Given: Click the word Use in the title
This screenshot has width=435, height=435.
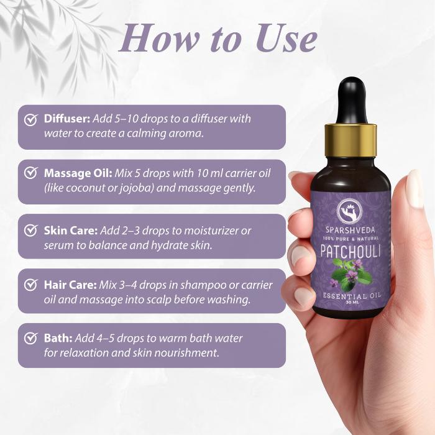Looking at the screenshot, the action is point(286,39).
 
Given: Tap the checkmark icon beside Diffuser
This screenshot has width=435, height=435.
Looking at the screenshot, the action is point(31,119).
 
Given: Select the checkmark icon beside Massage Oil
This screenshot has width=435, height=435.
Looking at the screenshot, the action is point(31,173).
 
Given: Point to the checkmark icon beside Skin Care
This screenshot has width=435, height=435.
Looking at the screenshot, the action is point(31,230).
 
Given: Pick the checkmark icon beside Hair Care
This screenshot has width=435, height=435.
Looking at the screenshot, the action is point(31,285).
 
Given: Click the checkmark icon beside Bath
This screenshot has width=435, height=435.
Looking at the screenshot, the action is point(31,338).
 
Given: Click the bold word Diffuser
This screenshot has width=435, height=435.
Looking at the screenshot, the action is point(67,119).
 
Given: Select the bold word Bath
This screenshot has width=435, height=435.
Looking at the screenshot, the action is point(58,338).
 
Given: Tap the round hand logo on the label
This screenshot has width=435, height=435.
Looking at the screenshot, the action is point(350,213).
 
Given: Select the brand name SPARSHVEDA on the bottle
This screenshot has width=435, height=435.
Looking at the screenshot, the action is point(350,230).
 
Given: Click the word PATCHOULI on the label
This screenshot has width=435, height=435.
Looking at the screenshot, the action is point(350,251).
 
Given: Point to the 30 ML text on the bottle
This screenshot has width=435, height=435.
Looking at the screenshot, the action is point(350,303).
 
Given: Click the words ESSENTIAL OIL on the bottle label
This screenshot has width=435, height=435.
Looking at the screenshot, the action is point(352,296).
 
